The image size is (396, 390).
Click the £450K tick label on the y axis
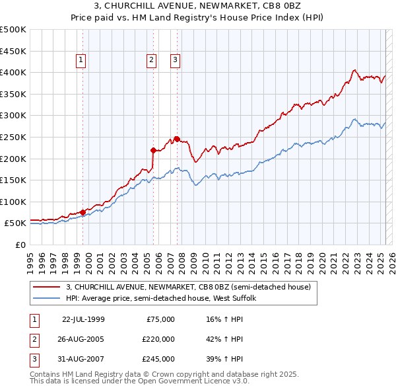[13, 51]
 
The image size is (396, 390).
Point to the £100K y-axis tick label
[13, 202]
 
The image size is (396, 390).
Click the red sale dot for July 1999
[83, 212]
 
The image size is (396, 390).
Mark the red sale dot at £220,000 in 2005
[153, 149]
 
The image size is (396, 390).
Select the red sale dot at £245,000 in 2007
[177, 138]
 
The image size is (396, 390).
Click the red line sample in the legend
[46, 286]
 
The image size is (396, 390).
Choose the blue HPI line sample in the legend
[46, 298]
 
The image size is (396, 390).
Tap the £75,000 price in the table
[160, 319]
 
